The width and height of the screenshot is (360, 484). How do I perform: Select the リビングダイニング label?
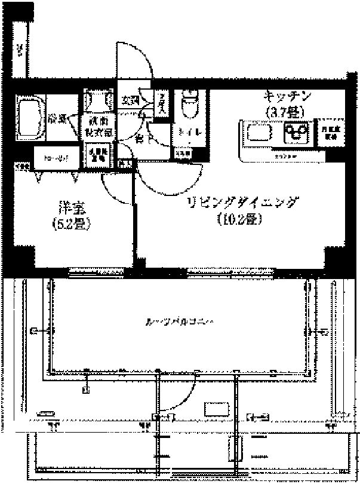tap(241, 203)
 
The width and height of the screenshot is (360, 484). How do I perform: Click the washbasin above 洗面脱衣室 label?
tap(97, 100)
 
